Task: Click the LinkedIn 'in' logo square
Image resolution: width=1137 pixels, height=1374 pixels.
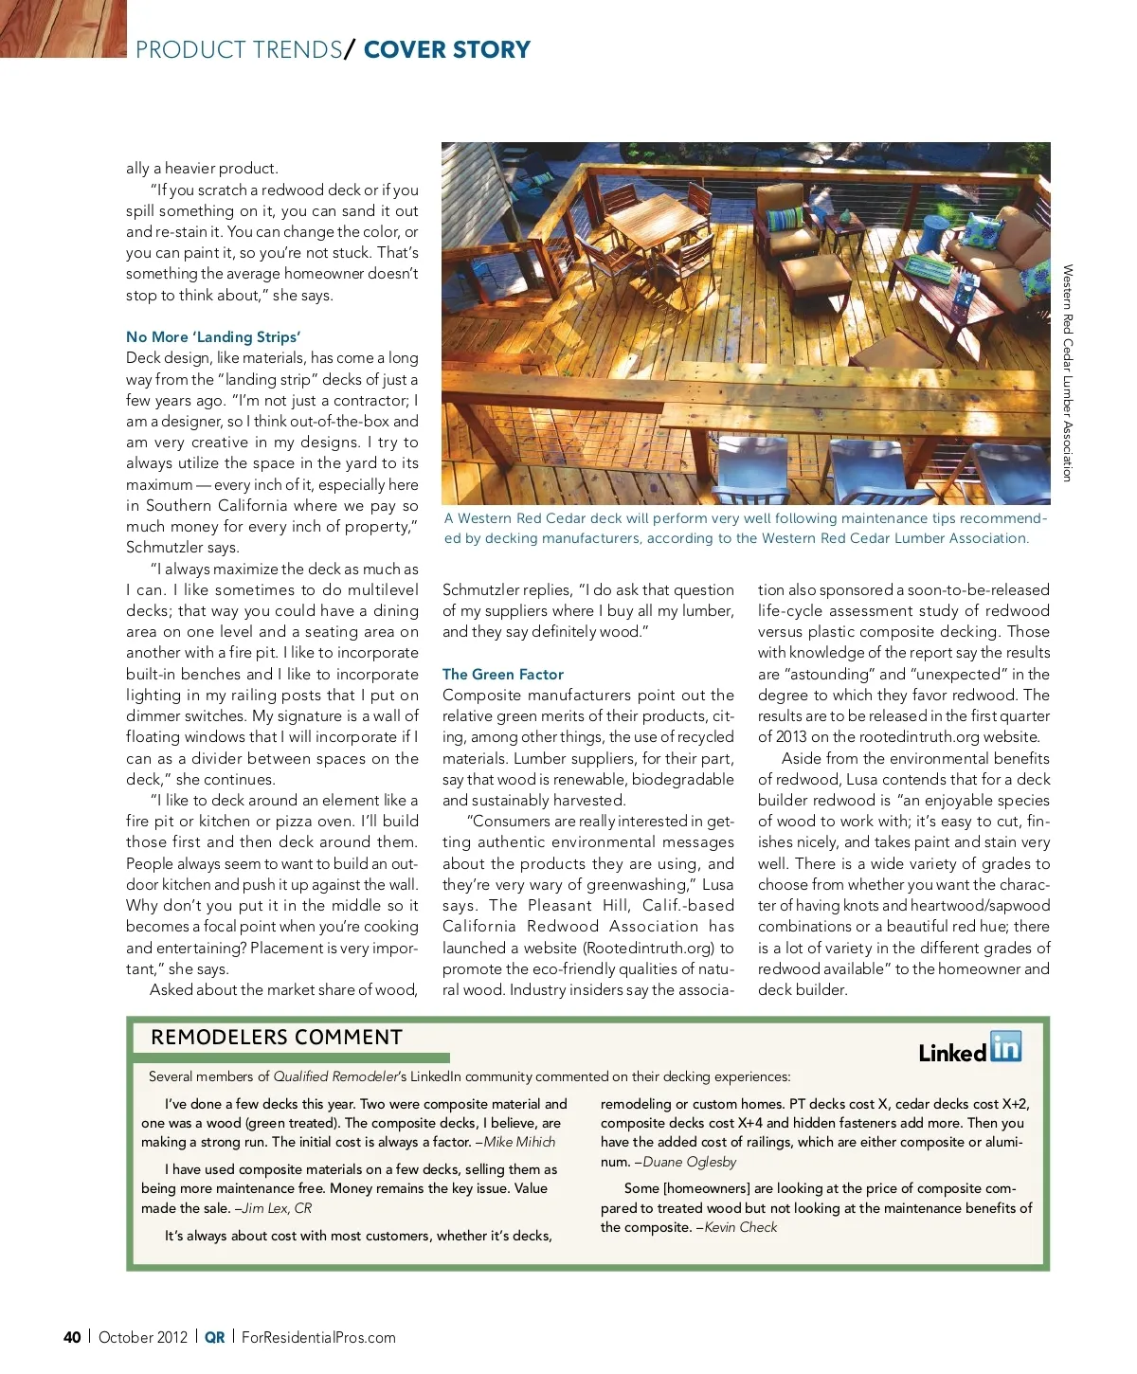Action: point(1006,1046)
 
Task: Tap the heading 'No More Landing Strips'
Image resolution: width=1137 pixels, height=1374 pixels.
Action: point(213,336)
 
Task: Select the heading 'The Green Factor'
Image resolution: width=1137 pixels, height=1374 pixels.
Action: point(502,674)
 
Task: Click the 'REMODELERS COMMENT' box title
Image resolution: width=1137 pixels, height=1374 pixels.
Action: point(277,1037)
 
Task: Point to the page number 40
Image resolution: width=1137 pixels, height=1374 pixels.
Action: point(72,1337)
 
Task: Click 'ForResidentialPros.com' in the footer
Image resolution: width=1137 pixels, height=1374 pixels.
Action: point(318,1337)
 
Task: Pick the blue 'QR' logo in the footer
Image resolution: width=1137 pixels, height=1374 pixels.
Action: point(215,1337)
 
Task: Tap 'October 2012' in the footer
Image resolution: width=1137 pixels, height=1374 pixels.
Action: point(143,1337)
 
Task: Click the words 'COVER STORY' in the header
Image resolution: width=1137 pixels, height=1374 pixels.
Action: point(446,49)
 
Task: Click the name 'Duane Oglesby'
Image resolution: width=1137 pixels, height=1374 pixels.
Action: point(689,1162)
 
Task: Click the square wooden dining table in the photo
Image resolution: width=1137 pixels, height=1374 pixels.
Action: point(645,217)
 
